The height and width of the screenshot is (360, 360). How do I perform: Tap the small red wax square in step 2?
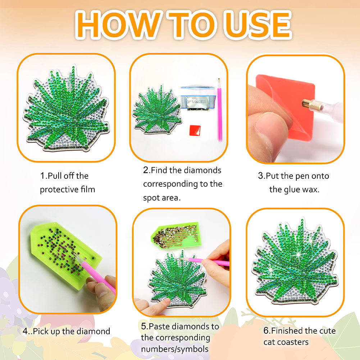[x=195, y=131]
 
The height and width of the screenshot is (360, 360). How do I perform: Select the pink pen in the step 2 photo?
[x=219, y=110]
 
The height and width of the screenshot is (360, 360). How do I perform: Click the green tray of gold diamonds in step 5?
[x=176, y=235]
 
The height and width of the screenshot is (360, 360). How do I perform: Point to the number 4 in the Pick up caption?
[x=25, y=331]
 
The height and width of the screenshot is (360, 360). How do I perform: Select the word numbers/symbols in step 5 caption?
[x=175, y=349]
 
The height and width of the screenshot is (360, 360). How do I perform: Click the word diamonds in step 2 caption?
[x=202, y=170]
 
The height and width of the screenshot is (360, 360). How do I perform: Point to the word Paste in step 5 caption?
[x=159, y=326]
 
